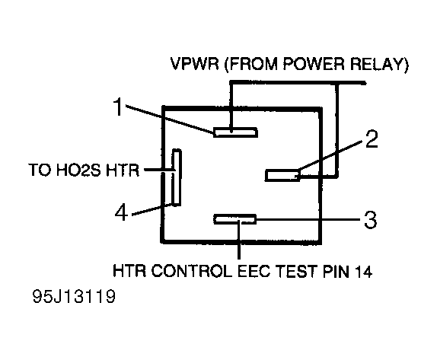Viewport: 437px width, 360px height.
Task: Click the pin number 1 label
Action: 119,107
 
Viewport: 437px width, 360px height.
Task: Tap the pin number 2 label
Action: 372,139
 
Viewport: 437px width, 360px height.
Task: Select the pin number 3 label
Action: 371,220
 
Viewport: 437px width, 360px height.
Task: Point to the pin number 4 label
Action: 122,212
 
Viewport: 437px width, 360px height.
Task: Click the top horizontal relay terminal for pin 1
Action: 235,132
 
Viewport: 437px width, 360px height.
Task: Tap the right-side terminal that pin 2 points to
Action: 282,175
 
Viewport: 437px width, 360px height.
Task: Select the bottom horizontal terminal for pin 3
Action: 235,219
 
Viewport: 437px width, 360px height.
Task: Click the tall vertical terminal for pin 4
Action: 177,178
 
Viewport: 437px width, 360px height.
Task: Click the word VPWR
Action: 195,64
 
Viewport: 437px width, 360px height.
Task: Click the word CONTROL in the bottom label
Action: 192,271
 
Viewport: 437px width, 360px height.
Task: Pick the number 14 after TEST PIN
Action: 363,271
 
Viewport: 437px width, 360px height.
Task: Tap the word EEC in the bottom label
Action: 254,271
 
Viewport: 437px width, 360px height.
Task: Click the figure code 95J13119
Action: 74,296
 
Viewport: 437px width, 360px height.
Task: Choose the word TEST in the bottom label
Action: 297,271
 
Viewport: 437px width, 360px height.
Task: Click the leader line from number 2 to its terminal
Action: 331,155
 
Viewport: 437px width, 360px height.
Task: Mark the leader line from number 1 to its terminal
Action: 170,118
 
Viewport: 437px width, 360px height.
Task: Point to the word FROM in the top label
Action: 250,64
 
